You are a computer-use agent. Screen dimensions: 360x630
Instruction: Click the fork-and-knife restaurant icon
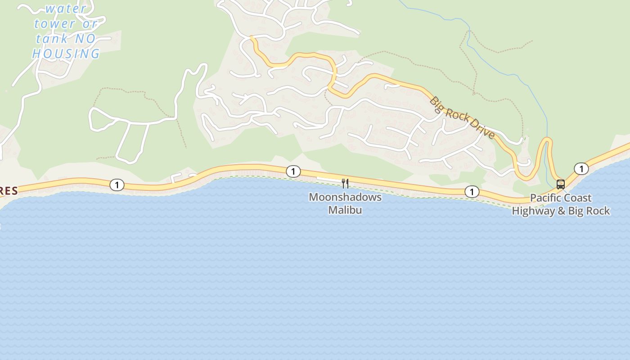[345, 183]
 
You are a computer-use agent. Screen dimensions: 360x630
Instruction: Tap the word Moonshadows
[345, 197]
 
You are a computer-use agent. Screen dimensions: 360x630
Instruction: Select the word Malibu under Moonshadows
[345, 210]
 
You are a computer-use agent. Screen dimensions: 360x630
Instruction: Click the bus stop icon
[561, 184]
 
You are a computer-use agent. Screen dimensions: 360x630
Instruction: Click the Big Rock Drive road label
[462, 117]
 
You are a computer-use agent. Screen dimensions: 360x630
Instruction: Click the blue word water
[66, 9]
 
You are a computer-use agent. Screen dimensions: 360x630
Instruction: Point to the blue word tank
[52, 39]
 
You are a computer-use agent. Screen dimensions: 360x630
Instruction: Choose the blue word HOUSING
[66, 54]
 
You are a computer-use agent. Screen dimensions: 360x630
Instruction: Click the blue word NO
[85, 39]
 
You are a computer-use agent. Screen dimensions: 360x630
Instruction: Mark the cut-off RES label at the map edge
[8, 191]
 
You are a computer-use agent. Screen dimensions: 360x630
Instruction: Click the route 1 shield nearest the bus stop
[581, 169]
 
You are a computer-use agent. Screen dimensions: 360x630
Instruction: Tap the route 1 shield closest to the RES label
[117, 184]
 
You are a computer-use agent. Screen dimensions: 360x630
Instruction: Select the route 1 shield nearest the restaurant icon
[293, 171]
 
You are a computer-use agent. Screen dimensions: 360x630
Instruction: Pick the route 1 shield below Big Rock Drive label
[472, 192]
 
